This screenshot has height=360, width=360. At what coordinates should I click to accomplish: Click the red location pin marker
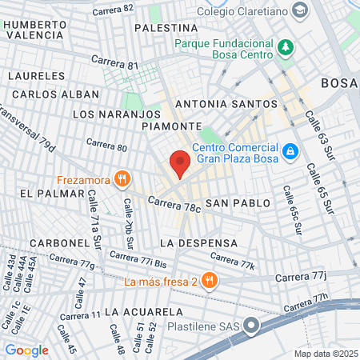coord(180,163)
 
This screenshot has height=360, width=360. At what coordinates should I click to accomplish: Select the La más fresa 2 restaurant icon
coord(209,280)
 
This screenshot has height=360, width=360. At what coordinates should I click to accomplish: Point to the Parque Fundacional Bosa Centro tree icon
coord(286,48)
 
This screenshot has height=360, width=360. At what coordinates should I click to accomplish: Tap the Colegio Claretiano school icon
coord(300,10)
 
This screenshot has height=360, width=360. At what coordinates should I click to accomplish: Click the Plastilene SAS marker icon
coord(253,326)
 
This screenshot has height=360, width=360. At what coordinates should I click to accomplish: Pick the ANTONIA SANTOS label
coord(217,104)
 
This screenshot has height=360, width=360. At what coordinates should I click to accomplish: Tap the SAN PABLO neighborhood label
coord(230,204)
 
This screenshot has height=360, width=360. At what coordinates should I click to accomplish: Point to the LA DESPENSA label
coord(198,242)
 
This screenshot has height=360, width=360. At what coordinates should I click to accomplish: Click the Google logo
coord(26,350)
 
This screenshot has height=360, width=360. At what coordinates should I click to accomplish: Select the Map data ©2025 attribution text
coord(324,354)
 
